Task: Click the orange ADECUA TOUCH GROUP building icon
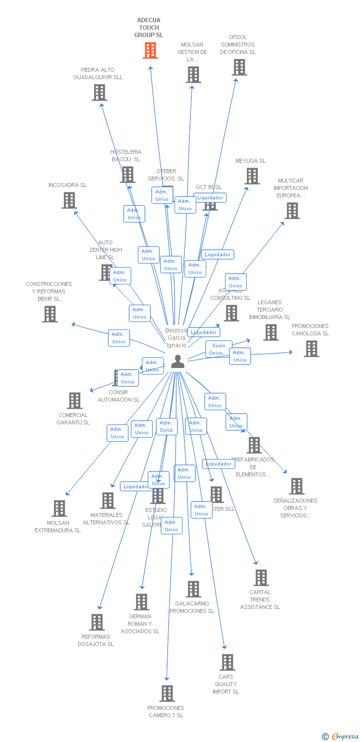(150, 50)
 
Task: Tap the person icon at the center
(178, 362)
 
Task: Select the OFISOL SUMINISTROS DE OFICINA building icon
(239, 67)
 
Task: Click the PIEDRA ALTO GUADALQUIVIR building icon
(99, 93)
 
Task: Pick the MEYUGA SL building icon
(252, 176)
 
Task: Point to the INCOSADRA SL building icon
(69, 200)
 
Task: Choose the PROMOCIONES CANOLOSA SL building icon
(312, 349)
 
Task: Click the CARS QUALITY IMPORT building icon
(227, 662)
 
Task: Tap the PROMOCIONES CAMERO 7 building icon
(167, 693)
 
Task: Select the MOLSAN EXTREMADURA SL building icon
(59, 509)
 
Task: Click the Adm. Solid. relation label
(167, 426)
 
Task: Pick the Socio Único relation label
(219, 349)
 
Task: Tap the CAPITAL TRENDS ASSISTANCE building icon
(261, 577)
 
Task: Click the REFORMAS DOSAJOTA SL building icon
(97, 622)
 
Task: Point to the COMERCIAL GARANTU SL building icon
(75, 401)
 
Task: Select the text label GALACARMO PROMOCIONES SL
(192, 607)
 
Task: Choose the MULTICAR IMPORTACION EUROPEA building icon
(292, 211)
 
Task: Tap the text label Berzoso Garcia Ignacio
(177, 338)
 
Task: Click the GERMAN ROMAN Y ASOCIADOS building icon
(141, 602)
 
